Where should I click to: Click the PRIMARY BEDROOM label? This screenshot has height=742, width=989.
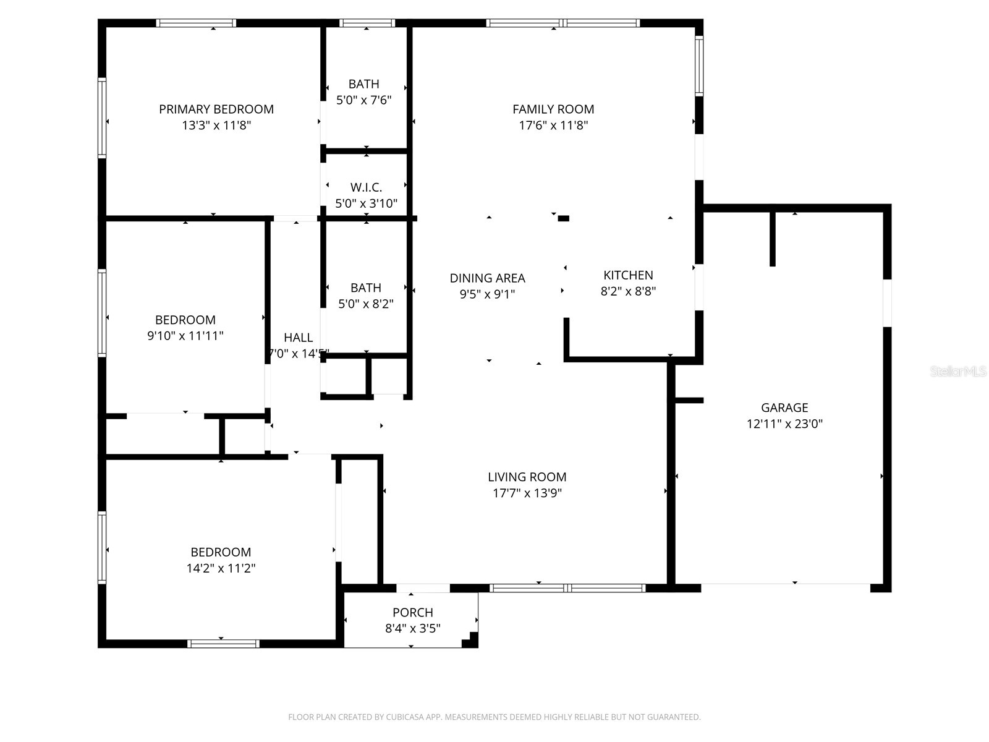[x=216, y=109]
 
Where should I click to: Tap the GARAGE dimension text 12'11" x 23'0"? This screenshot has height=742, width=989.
[x=784, y=424]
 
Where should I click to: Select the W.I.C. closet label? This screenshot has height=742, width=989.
[x=366, y=187]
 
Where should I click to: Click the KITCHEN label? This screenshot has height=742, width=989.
[x=628, y=275]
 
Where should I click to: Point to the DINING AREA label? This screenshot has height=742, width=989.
[x=487, y=278]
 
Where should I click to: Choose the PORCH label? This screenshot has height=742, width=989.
[x=412, y=612]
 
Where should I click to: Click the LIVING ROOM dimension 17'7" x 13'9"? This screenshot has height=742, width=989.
[x=527, y=493]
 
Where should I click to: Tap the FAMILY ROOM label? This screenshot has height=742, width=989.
[x=553, y=109]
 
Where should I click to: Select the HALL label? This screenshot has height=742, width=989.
[x=298, y=338]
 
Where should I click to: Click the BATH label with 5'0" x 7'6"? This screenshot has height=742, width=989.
[x=363, y=84]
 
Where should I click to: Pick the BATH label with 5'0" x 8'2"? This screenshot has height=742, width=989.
[x=365, y=288]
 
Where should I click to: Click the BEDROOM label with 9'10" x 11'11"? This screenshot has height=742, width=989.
[x=185, y=320]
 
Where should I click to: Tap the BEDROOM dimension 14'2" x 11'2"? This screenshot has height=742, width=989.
[x=221, y=568]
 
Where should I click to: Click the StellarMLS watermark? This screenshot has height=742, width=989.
[x=958, y=372]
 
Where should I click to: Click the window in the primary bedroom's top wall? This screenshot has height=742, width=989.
[x=196, y=23]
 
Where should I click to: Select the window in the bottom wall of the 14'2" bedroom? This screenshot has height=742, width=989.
[x=223, y=644]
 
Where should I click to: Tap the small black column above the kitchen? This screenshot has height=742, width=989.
[x=563, y=218]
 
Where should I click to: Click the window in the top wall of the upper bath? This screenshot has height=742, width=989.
[x=367, y=23]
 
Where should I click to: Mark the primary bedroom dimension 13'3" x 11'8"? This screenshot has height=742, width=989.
[x=216, y=126]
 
